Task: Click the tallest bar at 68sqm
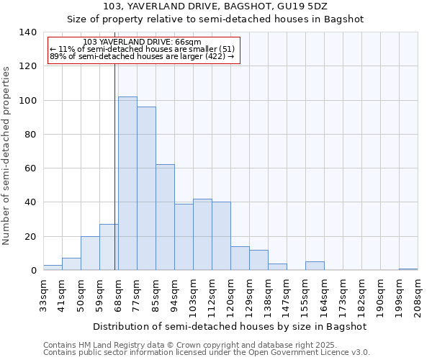tap(127, 184)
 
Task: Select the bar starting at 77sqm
tap(146, 189)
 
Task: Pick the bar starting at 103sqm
tap(202, 235)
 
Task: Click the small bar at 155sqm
tap(315, 266)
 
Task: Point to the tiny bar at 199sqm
tap(408, 269)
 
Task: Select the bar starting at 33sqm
tap(53, 268)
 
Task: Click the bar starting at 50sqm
tap(90, 253)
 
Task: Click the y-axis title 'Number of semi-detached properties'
tap(6, 155)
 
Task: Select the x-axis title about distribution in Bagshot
tap(230, 326)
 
